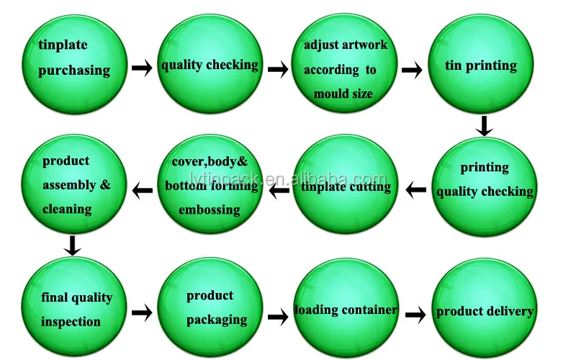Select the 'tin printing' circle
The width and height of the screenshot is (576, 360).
[x=482, y=66]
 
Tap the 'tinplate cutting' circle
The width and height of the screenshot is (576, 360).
[x=346, y=187]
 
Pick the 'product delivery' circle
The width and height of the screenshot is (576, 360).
[x=485, y=312]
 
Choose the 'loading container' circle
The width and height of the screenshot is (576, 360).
[x=346, y=310]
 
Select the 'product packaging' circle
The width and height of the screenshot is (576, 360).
[x=210, y=309]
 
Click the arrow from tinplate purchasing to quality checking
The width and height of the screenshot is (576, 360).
[x=142, y=68]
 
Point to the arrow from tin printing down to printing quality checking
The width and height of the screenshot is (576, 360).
[x=485, y=127]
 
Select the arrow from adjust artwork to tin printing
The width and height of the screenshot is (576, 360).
[x=412, y=70]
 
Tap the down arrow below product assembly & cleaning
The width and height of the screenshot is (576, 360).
[x=71, y=245]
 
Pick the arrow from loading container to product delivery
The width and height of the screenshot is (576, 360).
[x=415, y=315]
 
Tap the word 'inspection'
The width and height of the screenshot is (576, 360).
[x=71, y=321]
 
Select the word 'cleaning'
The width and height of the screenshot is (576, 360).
[x=67, y=209]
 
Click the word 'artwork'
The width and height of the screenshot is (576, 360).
[x=365, y=45]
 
